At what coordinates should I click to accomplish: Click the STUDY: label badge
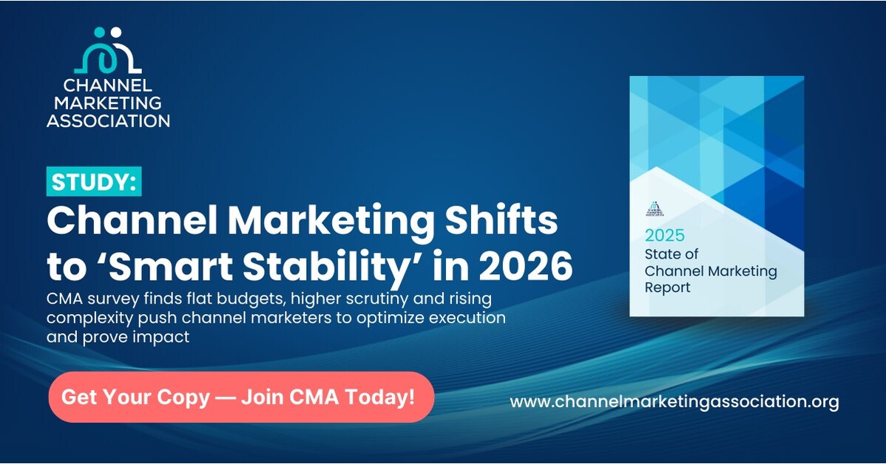(x=94, y=182)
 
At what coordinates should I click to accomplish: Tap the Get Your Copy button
(x=240, y=397)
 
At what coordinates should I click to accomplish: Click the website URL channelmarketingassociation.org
(x=674, y=402)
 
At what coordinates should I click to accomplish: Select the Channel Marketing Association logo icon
(x=108, y=51)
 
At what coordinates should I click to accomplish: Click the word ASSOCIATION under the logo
(x=108, y=120)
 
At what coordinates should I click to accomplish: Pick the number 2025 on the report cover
(x=665, y=236)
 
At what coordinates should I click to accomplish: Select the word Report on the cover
(x=668, y=287)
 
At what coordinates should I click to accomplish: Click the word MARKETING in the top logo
(x=108, y=102)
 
